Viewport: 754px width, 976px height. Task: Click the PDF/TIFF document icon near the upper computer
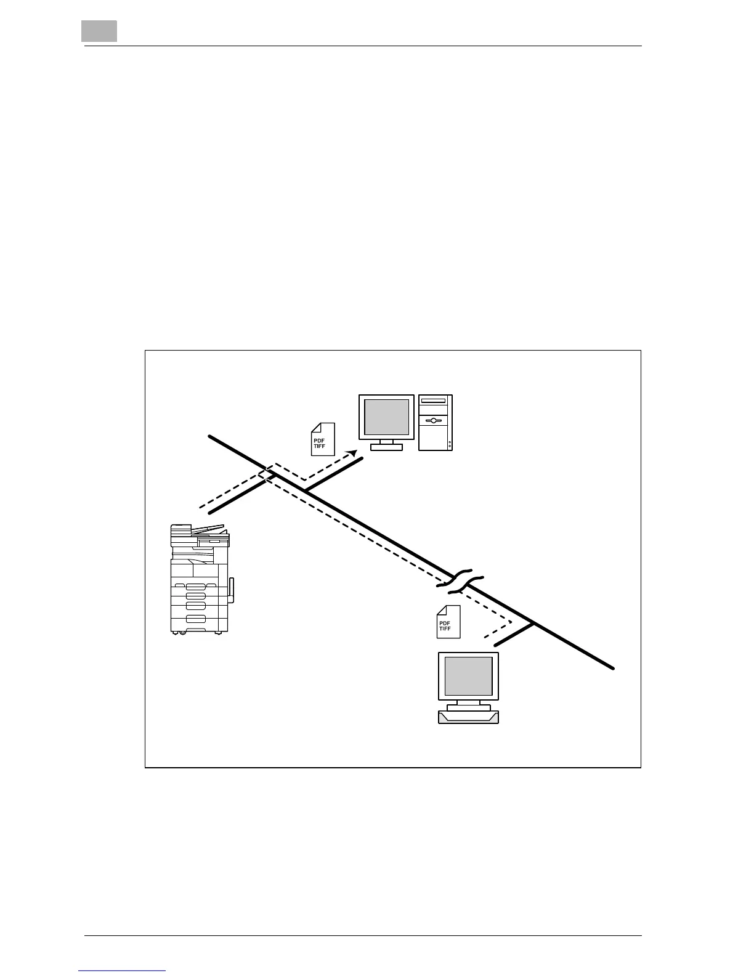322,439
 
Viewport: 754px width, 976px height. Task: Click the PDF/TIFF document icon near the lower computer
448,622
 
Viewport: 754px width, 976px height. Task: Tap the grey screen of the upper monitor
386,417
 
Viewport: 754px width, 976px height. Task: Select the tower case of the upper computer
435,423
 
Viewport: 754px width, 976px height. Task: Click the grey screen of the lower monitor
468,676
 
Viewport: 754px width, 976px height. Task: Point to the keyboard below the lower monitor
468,717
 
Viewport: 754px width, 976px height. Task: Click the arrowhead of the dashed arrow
353,453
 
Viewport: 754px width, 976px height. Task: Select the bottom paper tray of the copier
196,619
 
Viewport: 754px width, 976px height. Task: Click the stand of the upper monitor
387,445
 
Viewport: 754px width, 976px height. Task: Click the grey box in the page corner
99,31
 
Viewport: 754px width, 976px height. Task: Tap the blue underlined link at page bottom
123,971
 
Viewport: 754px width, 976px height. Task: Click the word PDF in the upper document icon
319,441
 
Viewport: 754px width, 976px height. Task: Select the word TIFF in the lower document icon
445,628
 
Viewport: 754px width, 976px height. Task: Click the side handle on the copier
232,590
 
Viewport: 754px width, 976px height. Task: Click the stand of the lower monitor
468,705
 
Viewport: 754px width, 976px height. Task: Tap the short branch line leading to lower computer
514,635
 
